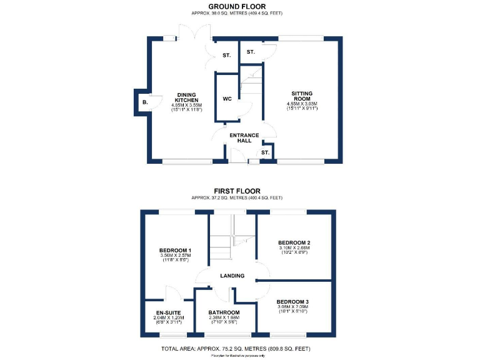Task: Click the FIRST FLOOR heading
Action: point(239,191)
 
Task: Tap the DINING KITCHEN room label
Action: point(186,97)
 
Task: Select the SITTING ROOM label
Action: point(302,96)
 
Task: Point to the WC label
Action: point(227,99)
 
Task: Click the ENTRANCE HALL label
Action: point(244,138)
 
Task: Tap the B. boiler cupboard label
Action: point(145,102)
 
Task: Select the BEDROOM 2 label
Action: point(294,242)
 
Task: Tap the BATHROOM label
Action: point(224,312)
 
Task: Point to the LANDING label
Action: point(231,276)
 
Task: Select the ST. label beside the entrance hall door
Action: point(265,152)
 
